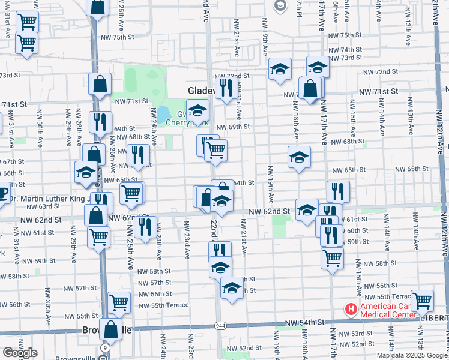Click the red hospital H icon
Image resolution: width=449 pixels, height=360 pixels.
click(351, 309)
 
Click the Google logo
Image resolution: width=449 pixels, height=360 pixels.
click(20, 353)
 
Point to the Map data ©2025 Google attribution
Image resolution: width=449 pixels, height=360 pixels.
click(412, 355)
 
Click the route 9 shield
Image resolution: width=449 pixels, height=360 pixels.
click(106, 347)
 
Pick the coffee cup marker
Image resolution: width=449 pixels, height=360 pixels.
click(2, 194)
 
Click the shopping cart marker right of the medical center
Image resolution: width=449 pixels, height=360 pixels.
click(423, 299)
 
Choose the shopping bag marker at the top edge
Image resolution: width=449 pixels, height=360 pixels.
click(98, 7)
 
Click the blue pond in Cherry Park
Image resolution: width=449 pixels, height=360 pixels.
click(163, 113)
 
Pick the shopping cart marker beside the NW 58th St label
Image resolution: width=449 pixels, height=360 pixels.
click(332, 257)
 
